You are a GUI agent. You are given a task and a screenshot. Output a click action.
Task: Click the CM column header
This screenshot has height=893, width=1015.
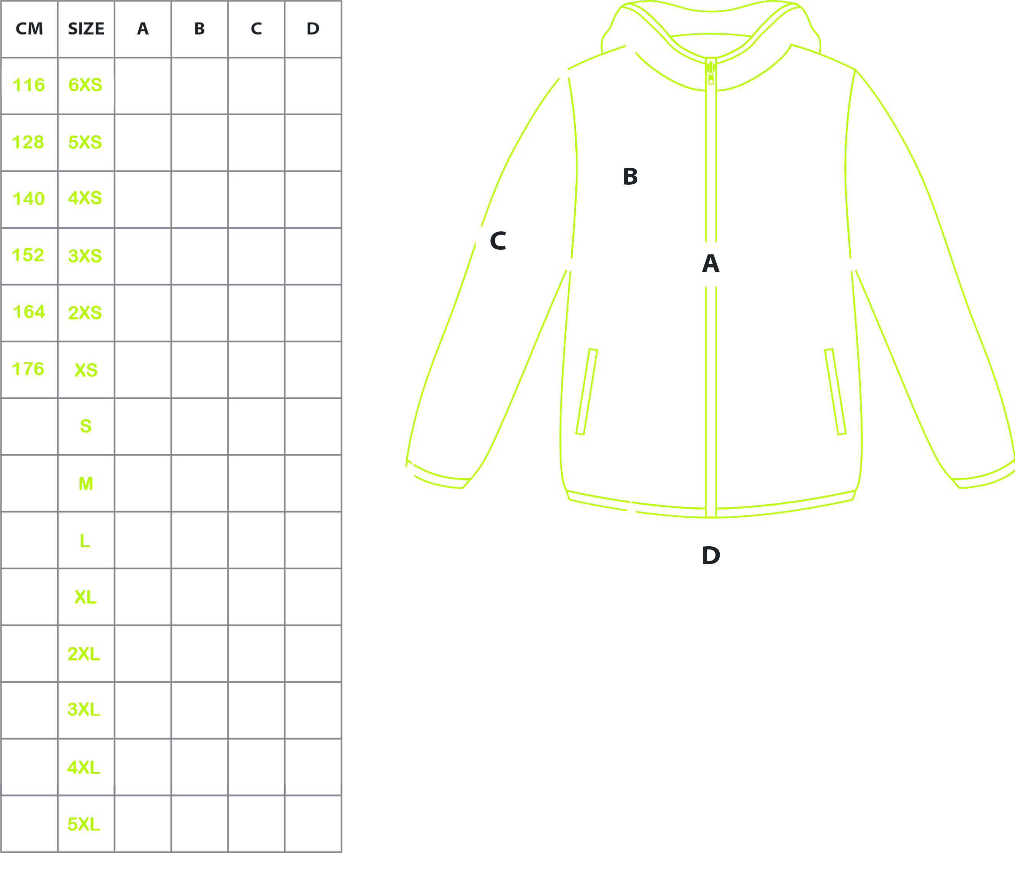pos(29,29)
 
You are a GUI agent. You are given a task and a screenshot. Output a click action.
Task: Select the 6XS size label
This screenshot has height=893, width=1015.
pos(85,85)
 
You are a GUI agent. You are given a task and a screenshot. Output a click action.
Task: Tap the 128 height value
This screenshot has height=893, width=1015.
pos(28,142)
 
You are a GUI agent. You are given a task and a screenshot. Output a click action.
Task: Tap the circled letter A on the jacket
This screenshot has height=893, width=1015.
pos(710,264)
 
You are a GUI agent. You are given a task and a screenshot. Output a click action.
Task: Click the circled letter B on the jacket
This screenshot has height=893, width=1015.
pos(630,177)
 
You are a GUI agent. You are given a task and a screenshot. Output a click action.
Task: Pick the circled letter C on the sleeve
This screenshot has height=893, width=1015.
pos(498,241)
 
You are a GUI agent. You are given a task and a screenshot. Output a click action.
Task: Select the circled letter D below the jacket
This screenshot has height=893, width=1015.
pos(710,556)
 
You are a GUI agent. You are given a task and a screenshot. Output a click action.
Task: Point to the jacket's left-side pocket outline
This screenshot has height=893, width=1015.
pos(586,392)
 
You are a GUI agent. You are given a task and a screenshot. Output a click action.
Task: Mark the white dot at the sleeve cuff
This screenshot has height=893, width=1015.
pos(409,472)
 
